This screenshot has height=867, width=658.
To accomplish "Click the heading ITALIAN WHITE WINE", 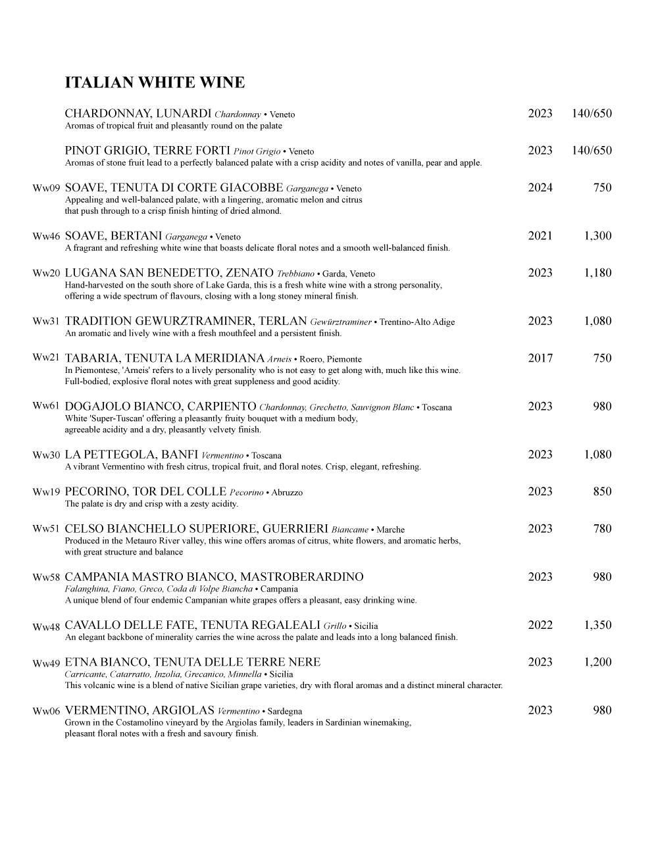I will coord(155,83).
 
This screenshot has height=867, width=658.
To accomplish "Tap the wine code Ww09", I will coord(46,189).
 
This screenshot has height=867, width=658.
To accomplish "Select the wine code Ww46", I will coord(46,237).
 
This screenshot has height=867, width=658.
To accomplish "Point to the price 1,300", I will coord(597,236).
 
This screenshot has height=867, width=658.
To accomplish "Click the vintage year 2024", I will coord(540,188).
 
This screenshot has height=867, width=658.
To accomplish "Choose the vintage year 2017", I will coord(540,359).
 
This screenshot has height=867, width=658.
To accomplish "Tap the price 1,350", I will coord(597,626).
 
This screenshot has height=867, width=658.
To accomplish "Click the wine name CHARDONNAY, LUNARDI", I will coord(138,114).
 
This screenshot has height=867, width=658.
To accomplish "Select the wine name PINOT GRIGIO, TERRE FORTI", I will coord(147,151).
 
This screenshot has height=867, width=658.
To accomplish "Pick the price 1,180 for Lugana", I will coord(597,273).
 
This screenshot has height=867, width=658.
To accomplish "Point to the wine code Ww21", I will coord(46,358).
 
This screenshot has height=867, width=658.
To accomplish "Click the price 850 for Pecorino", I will coord(602,492).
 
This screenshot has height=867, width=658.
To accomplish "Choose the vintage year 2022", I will coord(540,626).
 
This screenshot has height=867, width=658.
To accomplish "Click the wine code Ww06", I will coord(46,712).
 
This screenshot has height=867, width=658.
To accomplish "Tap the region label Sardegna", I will coord(285,711).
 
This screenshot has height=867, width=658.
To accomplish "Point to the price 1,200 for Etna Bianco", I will coord(597,662).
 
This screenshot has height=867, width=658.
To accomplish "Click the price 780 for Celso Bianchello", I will coord(602,529).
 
